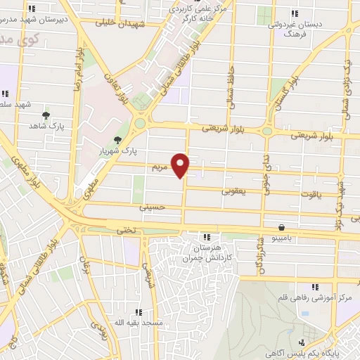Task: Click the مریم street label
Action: [x=158, y=168]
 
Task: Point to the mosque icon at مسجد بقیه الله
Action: [x=139, y=311]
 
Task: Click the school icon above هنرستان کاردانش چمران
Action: [x=205, y=237]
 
